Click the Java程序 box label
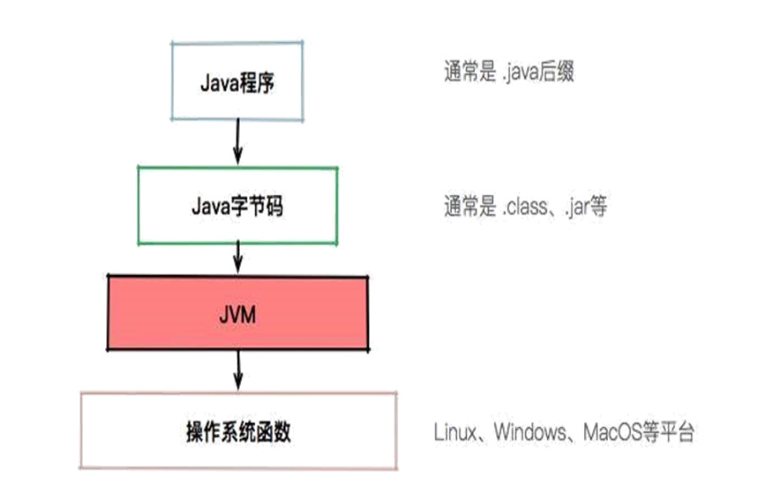pyautogui.click(x=237, y=84)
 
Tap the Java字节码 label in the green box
pyautogui.click(x=237, y=205)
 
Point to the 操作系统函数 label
pyautogui.click(x=238, y=432)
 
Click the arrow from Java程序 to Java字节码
pyautogui.click(x=238, y=142)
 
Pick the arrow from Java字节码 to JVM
pyautogui.click(x=238, y=258)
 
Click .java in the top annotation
pyautogui.click(x=523, y=73)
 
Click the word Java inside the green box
pyautogui.click(x=213, y=205)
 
